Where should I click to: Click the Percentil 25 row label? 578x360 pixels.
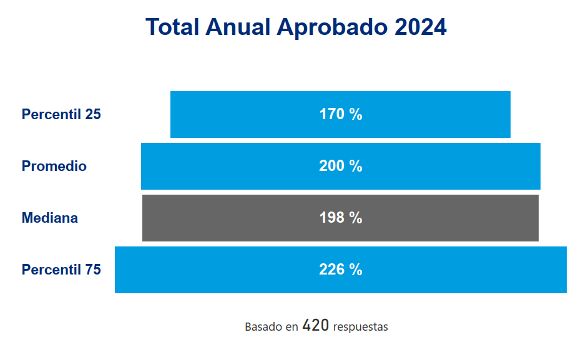61,115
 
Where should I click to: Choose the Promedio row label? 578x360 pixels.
54,167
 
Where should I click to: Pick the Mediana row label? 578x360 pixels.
50,218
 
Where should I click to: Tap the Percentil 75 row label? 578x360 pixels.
61,270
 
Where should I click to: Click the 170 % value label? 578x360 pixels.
341,115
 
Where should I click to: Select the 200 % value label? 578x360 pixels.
341,167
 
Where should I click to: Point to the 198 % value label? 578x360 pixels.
341,218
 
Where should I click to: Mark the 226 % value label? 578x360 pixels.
341,270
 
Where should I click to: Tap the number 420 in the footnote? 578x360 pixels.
315,326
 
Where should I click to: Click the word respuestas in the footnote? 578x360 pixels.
361,327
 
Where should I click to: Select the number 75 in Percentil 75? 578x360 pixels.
92,270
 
